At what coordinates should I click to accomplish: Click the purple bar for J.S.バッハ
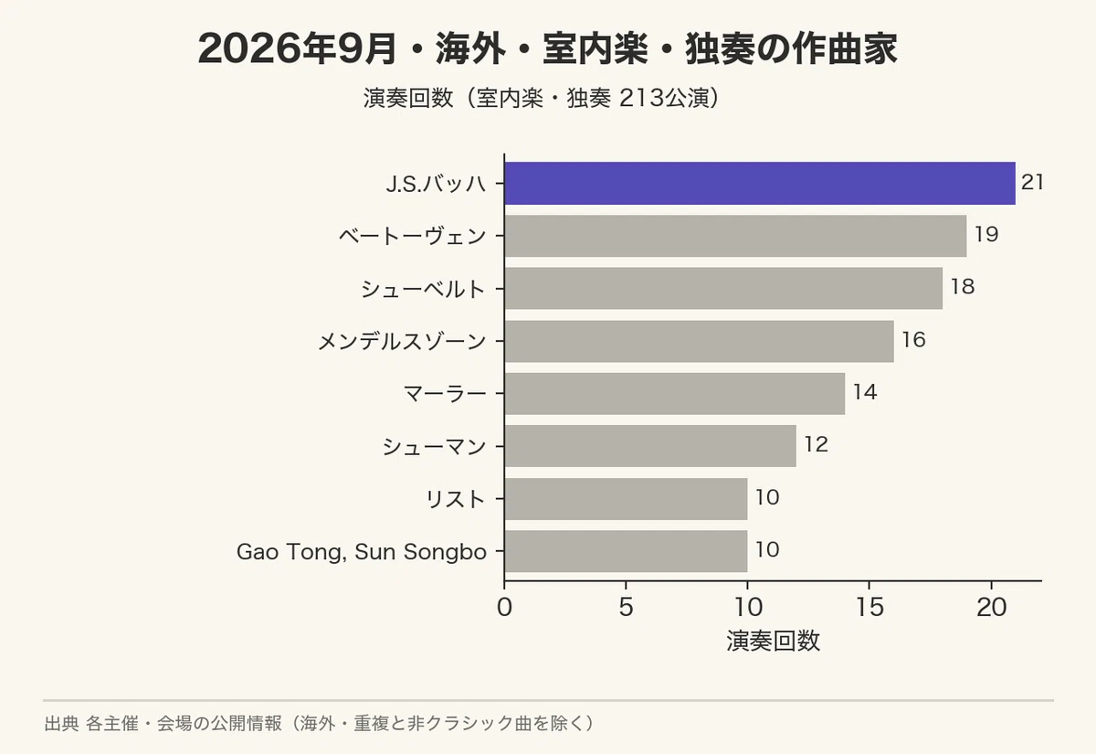point(760,183)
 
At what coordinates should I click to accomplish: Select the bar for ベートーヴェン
point(735,236)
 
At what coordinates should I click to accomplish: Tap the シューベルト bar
point(723,289)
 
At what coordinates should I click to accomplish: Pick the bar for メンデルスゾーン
point(700,341)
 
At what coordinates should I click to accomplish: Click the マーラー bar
point(675,394)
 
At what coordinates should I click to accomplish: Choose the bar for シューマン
point(650,446)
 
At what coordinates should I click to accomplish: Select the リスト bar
point(626,499)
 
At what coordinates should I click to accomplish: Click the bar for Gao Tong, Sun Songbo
point(626,551)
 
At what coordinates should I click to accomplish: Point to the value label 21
point(1033,182)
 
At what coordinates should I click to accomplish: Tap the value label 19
point(986,235)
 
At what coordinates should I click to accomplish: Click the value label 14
point(865,392)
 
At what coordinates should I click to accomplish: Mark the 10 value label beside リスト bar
point(767,497)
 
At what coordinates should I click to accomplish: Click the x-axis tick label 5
point(626,608)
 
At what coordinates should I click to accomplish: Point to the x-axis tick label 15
point(869,608)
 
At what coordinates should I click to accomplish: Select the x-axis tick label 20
point(991,608)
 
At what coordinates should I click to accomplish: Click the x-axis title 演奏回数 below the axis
point(773,641)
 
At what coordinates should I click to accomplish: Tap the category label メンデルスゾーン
point(402,341)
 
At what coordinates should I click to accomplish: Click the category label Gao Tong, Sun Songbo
point(362,552)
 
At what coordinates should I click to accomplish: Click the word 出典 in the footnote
point(61,724)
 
